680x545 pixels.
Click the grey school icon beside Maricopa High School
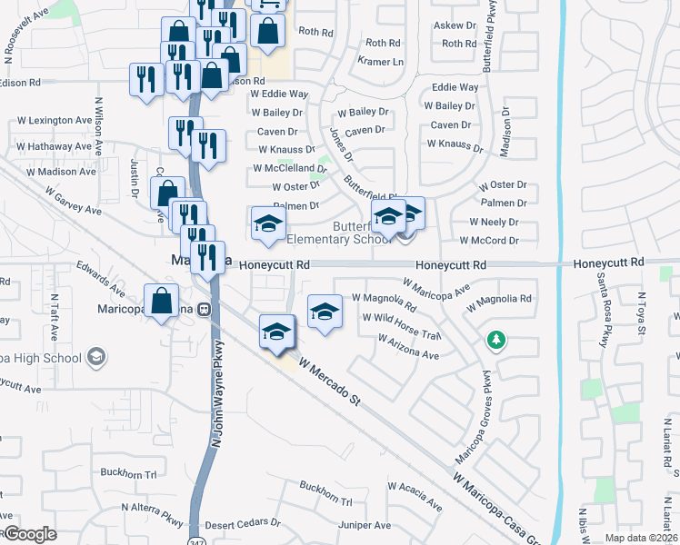tap(95, 357)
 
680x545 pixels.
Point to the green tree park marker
tap(496, 342)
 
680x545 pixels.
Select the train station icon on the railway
tap(205, 308)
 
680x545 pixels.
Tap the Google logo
tap(30, 534)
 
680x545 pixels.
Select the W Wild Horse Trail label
tap(401, 317)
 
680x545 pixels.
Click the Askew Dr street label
tap(455, 26)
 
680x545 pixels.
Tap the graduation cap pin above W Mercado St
tap(277, 332)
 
